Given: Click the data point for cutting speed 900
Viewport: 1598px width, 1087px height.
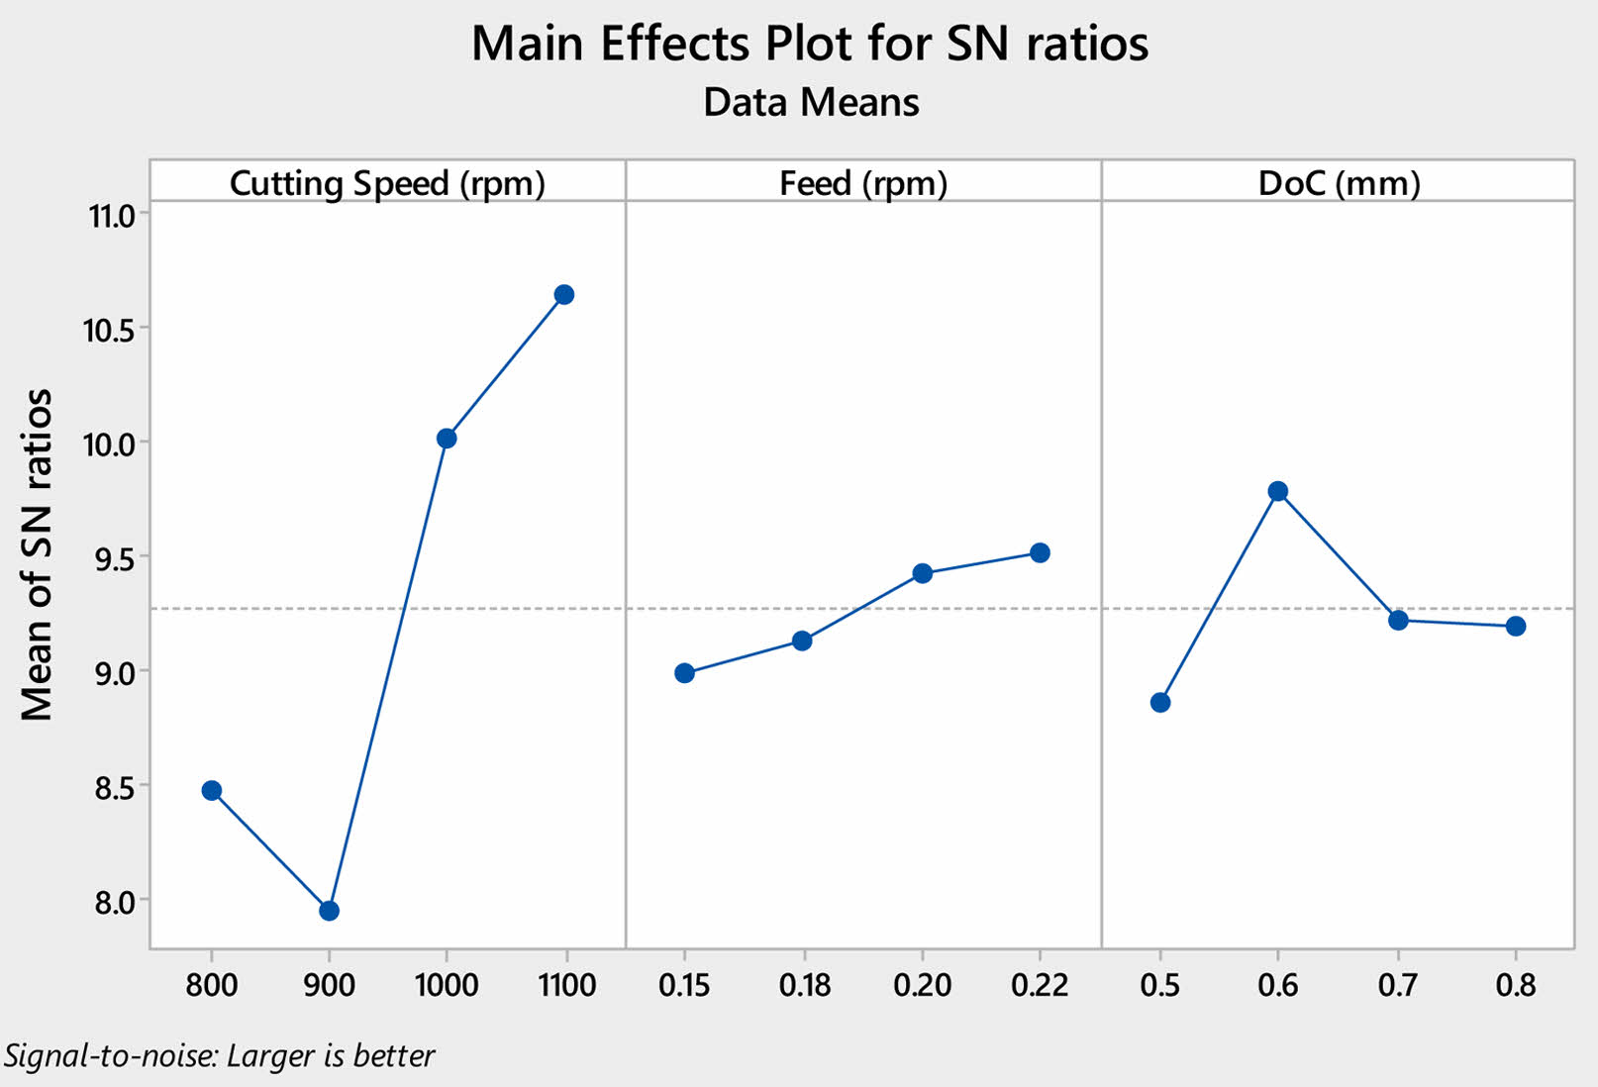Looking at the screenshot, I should (329, 911).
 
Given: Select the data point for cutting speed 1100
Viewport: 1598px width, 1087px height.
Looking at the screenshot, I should (564, 294).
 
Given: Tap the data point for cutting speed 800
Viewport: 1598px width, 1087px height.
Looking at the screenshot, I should (211, 790).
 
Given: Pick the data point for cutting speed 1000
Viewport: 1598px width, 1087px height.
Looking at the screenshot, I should (447, 438).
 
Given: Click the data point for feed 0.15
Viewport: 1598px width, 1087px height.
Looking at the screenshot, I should (684, 673).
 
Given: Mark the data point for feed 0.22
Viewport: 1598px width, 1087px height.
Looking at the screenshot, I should (1040, 552).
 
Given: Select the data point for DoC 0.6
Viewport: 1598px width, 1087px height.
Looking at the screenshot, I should (1278, 491).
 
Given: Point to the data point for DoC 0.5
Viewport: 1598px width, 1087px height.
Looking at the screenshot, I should (1160, 703).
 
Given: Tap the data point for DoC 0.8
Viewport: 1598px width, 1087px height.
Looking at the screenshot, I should (1516, 626).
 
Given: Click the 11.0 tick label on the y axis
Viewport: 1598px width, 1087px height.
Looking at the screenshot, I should (110, 215).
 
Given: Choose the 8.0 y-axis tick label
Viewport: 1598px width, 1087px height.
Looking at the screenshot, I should (110, 902).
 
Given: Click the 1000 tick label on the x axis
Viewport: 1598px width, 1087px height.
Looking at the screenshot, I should (447, 985).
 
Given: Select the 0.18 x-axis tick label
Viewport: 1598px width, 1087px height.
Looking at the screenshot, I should (804, 985).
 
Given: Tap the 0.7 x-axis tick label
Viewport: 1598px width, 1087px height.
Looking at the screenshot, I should (1397, 985).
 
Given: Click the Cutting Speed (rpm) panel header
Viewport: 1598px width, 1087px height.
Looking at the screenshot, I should (387, 183).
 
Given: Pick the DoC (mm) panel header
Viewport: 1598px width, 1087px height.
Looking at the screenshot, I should (1339, 183).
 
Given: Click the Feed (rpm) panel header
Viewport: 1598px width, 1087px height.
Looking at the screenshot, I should (863, 183).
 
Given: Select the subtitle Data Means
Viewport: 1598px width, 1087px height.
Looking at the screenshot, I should (811, 103).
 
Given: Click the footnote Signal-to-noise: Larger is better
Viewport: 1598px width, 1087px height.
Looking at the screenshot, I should (219, 1056).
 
